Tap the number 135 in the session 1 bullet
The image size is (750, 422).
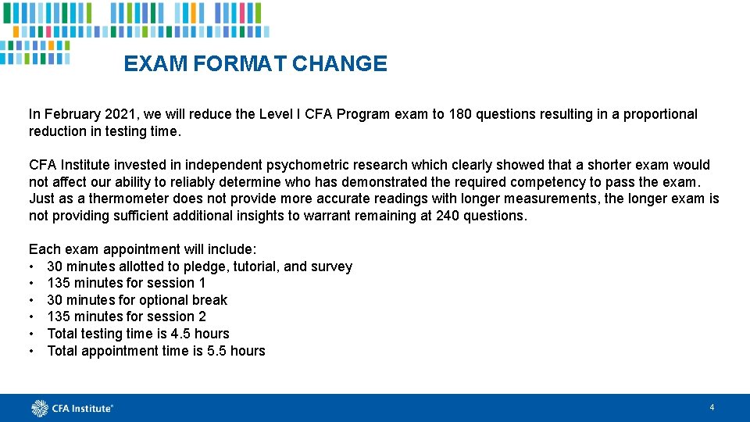pyautogui.click(x=59, y=283)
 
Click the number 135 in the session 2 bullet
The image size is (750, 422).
pyautogui.click(x=59, y=316)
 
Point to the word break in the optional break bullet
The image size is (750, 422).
pyautogui.click(x=209, y=300)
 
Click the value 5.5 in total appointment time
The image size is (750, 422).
pyautogui.click(x=216, y=351)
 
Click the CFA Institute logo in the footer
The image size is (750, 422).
pyautogui.click(x=73, y=408)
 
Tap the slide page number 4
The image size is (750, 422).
pyautogui.click(x=712, y=407)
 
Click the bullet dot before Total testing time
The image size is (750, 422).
pyautogui.click(x=32, y=334)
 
